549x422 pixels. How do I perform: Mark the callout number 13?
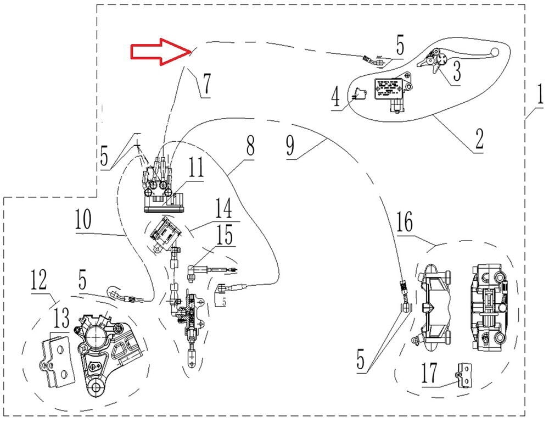62,318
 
